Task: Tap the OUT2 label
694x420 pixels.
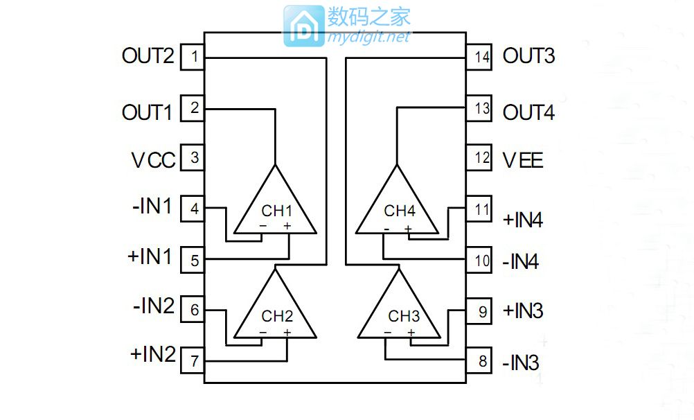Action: pos(148,56)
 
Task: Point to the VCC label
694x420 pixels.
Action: pos(153,160)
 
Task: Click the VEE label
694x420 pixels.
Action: pos(523,160)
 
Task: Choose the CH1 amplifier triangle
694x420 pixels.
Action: pos(276,204)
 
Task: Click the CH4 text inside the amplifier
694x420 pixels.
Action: pos(400,211)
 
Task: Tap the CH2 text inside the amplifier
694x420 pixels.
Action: pos(277,316)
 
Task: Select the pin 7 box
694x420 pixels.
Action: pos(193,360)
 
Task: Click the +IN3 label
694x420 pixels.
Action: pos(523,310)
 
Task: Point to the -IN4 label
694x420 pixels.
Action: pos(520,263)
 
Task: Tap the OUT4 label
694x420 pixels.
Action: pos(528,112)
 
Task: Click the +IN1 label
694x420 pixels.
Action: pos(150,256)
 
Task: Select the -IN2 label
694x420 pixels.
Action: pos(152,306)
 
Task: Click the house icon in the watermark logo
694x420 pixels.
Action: pos(303,27)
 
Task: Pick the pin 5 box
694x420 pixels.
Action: pos(193,261)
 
